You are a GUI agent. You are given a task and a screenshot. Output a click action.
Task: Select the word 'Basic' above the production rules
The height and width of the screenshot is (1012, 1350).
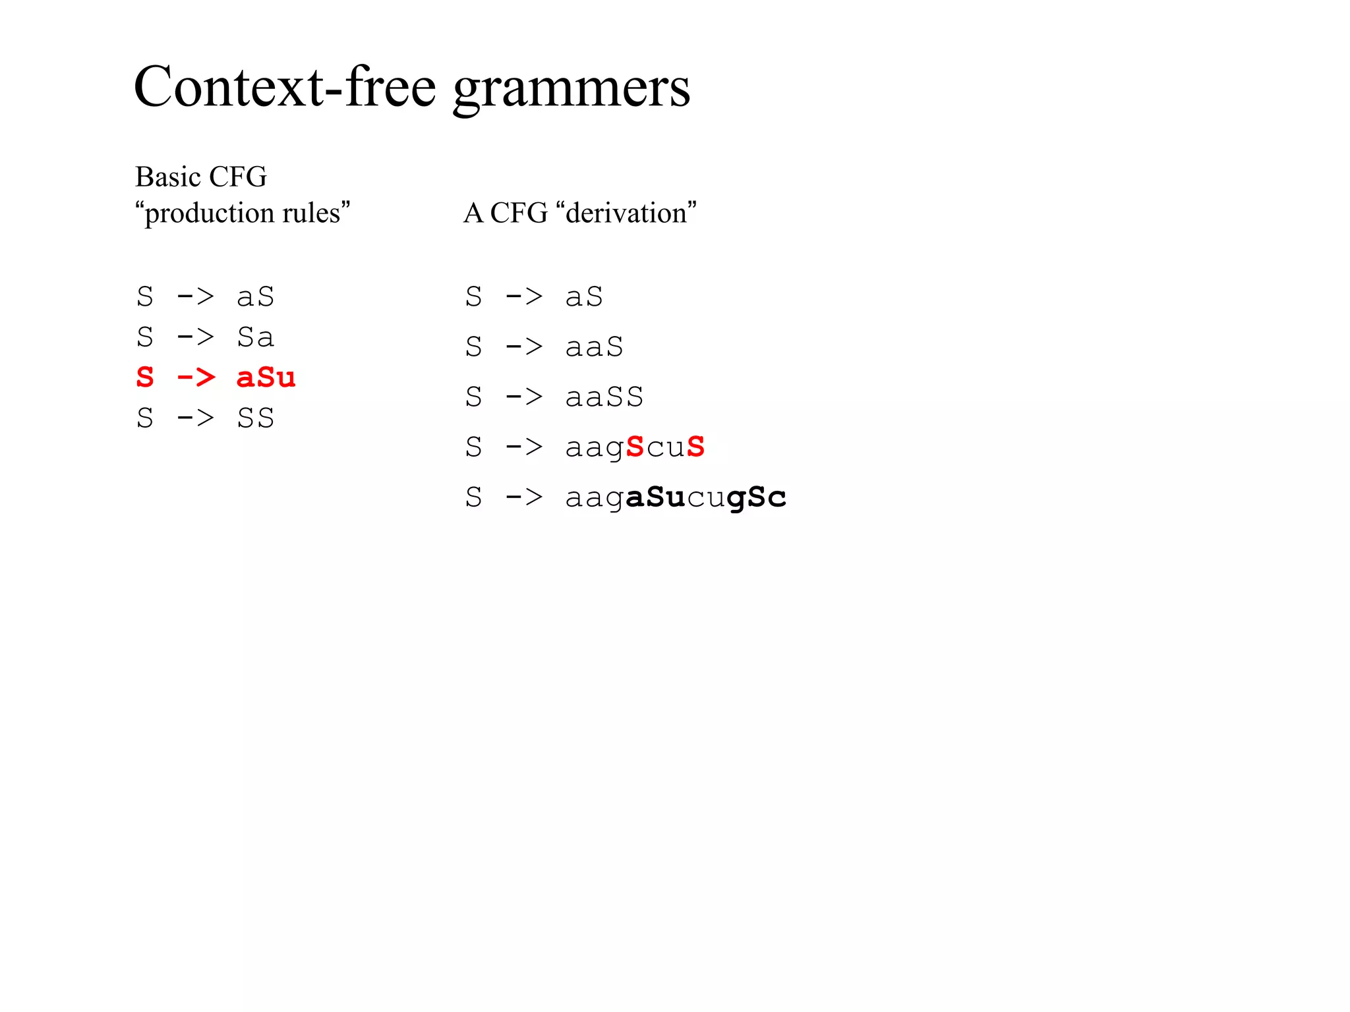[167, 177]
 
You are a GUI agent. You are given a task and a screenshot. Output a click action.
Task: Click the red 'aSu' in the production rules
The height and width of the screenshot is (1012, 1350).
[266, 378]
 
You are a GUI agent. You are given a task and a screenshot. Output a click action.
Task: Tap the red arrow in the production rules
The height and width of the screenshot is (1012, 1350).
[196, 378]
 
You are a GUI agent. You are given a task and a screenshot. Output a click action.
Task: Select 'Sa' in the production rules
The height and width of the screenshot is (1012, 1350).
[256, 337]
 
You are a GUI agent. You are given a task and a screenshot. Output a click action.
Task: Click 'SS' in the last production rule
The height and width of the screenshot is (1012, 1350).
[256, 418]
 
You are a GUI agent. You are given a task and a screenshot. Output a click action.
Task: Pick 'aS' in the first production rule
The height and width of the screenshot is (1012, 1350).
[256, 297]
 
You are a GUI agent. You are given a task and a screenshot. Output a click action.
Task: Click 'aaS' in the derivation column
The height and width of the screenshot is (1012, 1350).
[594, 347]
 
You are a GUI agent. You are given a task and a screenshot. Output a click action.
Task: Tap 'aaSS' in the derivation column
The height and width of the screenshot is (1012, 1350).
[604, 397]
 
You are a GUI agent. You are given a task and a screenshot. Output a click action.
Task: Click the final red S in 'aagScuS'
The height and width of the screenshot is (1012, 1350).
[695, 447]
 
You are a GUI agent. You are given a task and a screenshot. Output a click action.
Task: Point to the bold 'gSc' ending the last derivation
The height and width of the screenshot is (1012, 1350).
[756, 497]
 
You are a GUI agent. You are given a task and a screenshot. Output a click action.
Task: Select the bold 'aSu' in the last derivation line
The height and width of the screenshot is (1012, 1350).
[655, 497]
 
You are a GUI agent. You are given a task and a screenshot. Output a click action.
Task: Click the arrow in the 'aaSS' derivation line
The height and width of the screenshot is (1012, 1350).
[524, 397]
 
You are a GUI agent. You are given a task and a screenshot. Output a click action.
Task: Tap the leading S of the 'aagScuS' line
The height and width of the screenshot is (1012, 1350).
[473, 447]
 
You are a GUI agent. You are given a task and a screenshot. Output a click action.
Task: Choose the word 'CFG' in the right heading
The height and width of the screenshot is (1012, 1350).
[519, 213]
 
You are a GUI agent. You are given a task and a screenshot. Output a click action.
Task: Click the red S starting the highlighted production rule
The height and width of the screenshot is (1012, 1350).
[145, 378]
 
